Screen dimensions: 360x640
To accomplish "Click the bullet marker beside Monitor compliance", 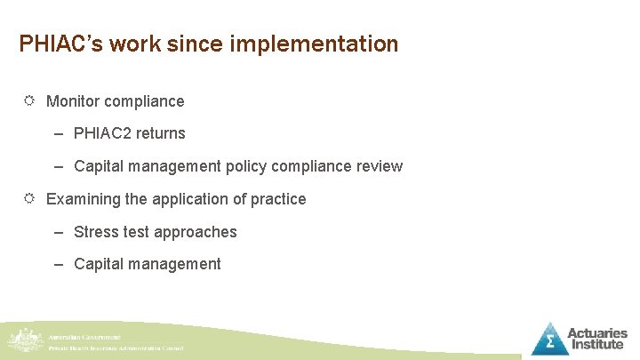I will point(28,101).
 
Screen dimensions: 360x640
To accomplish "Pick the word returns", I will point(161,133).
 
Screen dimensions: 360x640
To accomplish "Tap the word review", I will point(380,166).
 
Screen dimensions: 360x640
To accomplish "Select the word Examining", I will point(84,199).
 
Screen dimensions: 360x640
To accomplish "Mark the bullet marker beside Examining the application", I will point(28,199).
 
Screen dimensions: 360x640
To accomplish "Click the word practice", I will point(277,199).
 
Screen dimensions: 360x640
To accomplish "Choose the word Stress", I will point(95,232).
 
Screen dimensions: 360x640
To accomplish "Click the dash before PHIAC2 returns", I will point(58,134).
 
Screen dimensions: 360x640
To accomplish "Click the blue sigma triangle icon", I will point(550,339).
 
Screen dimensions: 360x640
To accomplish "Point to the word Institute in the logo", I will point(597,345).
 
